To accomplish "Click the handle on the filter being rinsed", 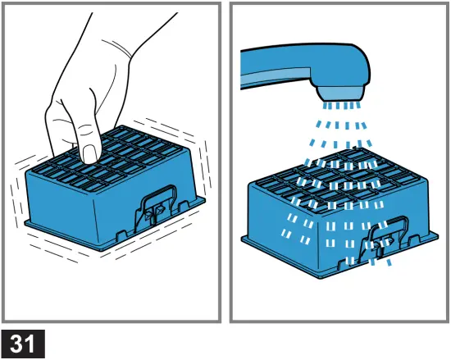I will pyautogui.click(x=383, y=233).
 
